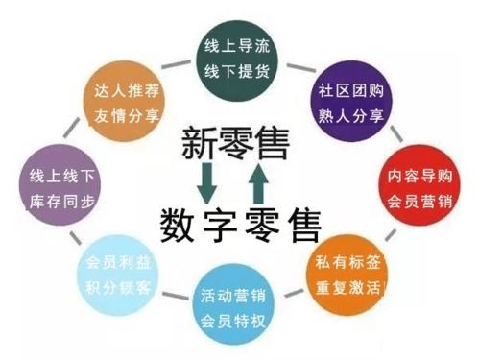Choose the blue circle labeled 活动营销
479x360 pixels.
pyautogui.click(x=237, y=306)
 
